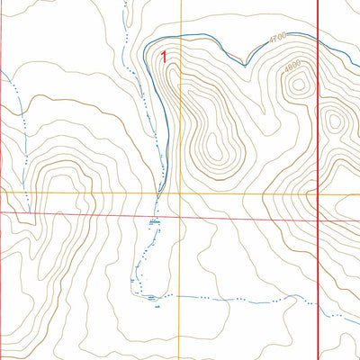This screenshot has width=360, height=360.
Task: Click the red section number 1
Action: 163,56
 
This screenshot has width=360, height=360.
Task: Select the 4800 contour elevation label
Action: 292,66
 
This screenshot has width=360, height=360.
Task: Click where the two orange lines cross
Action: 181,193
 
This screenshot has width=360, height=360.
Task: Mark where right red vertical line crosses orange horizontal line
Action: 319,193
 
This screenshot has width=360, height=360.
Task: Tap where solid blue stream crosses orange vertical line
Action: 181,35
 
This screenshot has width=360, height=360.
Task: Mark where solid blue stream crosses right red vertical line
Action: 319,40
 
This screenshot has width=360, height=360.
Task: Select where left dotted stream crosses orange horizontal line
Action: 27,193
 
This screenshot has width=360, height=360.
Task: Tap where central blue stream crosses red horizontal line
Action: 152,218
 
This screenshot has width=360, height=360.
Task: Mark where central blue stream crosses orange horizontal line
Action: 159,193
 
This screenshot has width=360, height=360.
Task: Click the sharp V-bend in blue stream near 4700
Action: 245,64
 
